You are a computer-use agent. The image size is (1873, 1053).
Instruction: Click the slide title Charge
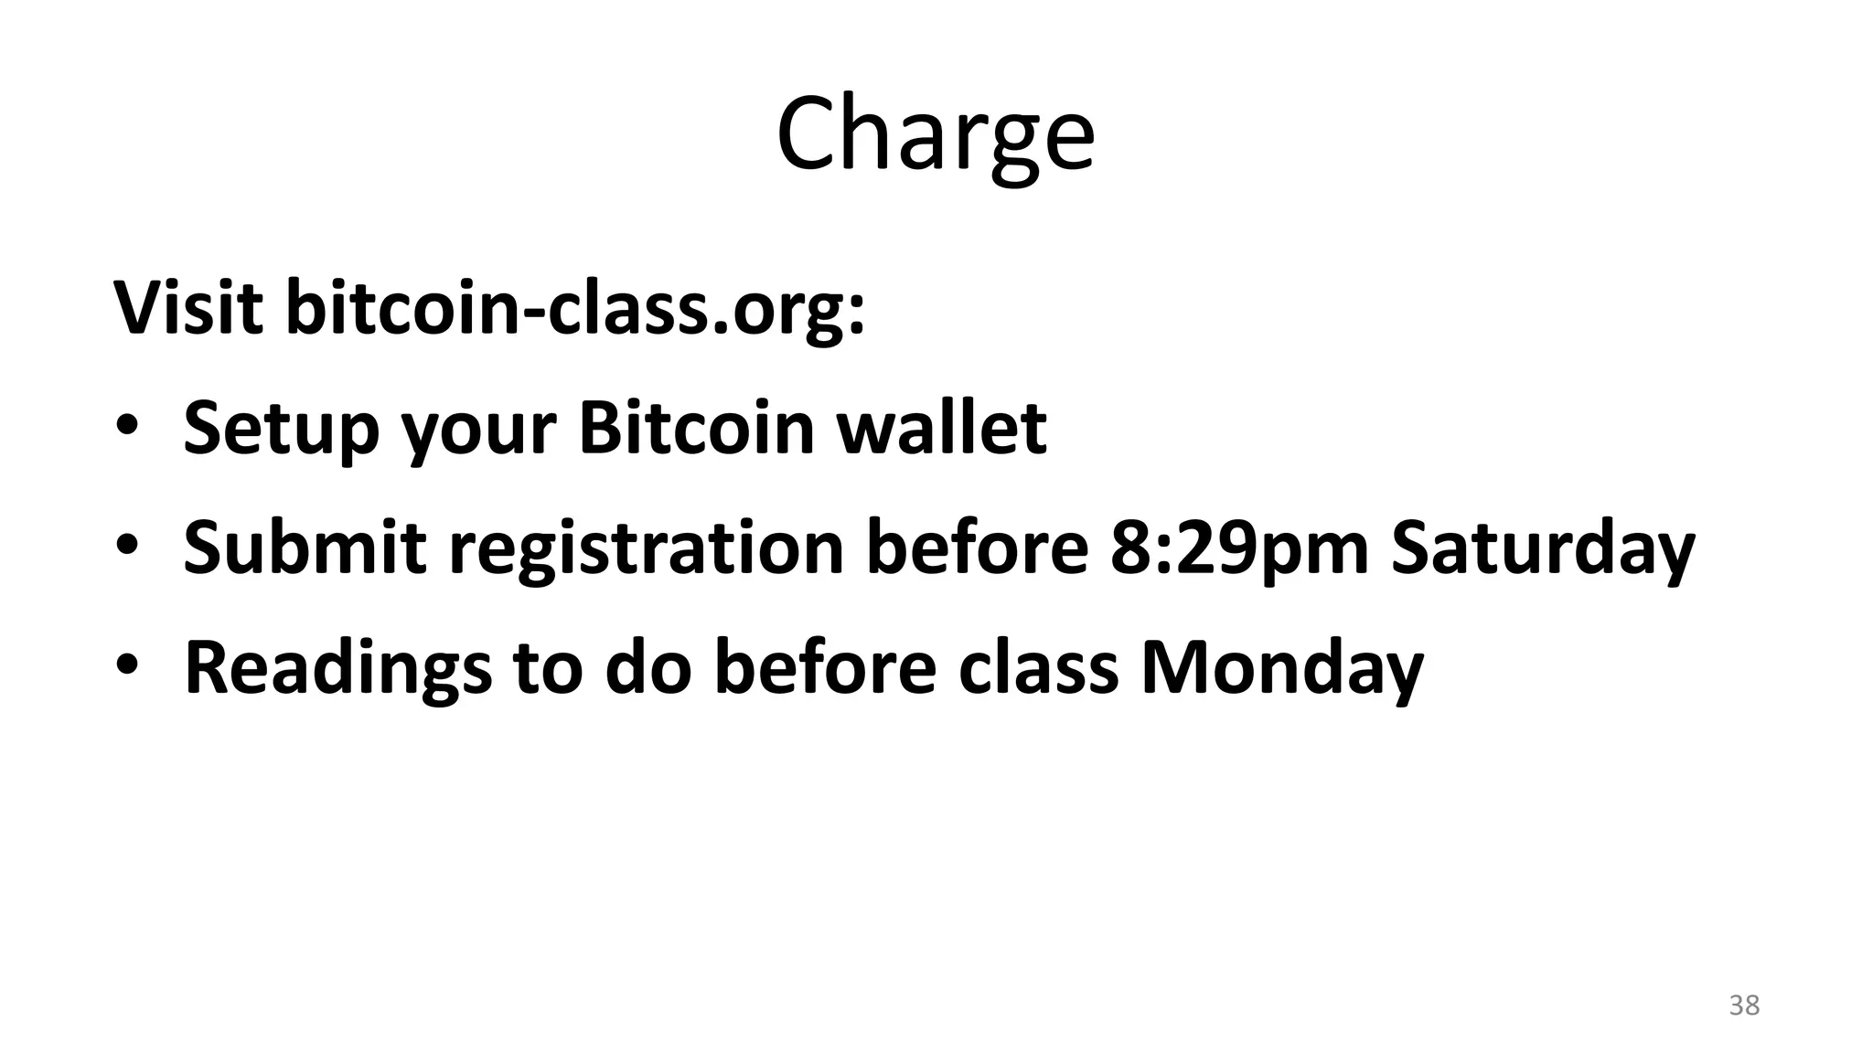(936, 134)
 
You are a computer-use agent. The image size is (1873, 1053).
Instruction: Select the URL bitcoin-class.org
(574, 309)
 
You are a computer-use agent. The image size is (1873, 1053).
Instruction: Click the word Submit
(305, 547)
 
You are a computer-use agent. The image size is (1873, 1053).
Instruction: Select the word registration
(646, 548)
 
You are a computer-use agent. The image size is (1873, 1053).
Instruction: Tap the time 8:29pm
(1239, 548)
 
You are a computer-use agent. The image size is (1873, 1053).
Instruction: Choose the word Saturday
(1543, 548)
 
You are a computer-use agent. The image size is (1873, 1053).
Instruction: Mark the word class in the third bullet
(1039, 667)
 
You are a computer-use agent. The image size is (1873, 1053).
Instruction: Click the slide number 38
(1744, 1005)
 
